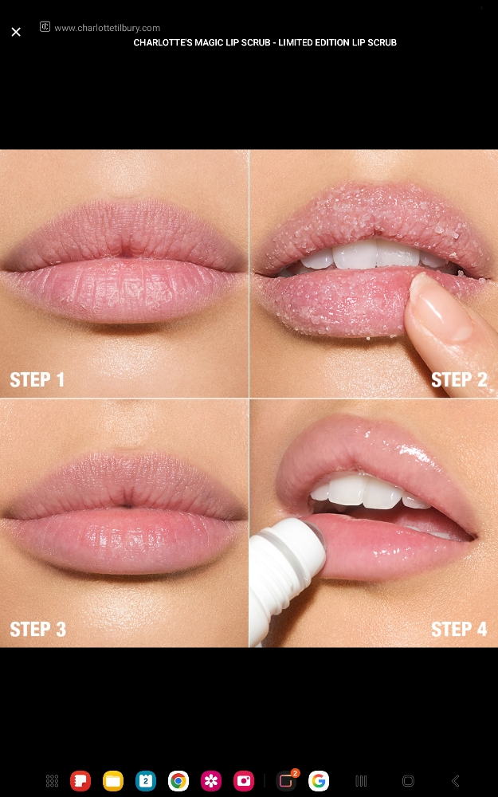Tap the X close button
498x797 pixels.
tap(16, 32)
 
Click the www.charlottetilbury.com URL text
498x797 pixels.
tap(107, 28)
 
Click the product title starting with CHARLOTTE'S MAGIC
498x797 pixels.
tap(265, 42)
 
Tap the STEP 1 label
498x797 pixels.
tap(37, 379)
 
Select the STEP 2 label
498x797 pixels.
tap(459, 379)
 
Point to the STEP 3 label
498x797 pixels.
tap(37, 629)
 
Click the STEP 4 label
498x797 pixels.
tap(459, 629)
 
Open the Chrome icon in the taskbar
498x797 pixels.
tap(178, 781)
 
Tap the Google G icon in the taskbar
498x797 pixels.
tap(319, 781)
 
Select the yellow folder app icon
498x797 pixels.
tap(113, 781)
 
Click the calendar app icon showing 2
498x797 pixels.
tap(146, 781)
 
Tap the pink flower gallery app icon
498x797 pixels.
tap(211, 781)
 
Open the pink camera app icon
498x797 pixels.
tap(243, 781)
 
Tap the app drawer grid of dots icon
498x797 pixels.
tap(52, 781)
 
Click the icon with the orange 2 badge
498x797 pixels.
tap(286, 781)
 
